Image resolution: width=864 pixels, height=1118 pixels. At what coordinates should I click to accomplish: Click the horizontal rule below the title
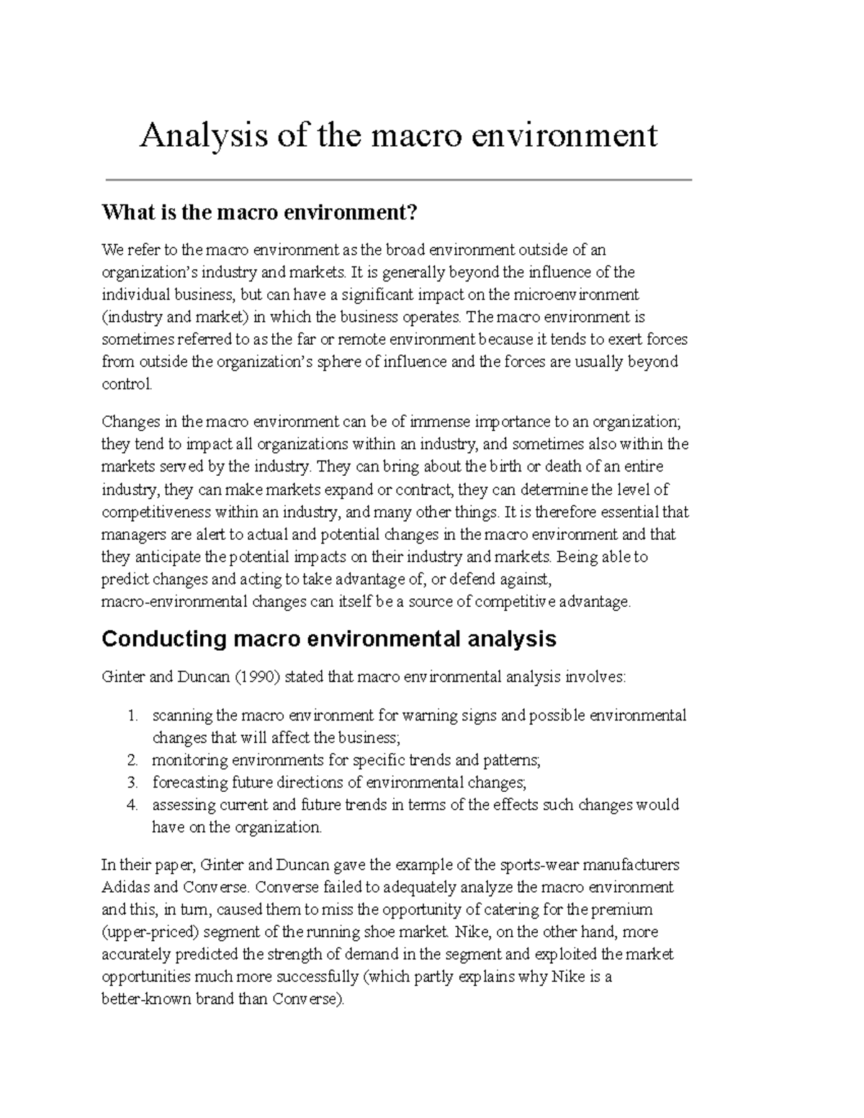click(x=398, y=180)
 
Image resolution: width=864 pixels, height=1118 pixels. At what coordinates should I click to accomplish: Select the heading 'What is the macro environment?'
click(x=259, y=213)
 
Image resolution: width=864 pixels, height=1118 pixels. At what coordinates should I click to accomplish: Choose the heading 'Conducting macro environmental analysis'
click(x=329, y=639)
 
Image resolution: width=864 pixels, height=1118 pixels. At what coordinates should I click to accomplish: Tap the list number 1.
click(x=132, y=716)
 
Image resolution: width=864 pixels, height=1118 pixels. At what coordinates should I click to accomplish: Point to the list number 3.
click(x=132, y=783)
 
